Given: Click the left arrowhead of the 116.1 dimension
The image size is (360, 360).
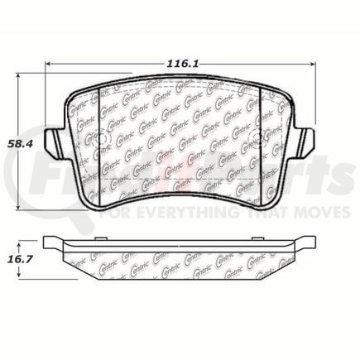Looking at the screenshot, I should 48,63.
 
